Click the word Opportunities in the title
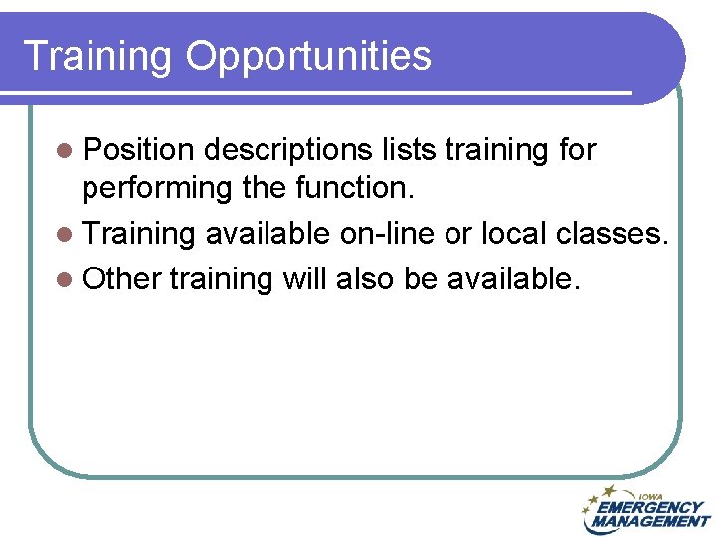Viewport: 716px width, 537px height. pyautogui.click(x=308, y=56)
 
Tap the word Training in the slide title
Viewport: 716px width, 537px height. pyautogui.click(x=98, y=56)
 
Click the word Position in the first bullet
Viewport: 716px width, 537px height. pyautogui.click(x=140, y=150)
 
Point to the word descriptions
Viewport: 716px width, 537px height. pyautogui.click(x=289, y=150)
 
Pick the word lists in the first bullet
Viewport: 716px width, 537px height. pyautogui.click(x=409, y=150)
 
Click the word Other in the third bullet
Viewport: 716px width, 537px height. pyautogui.click(x=122, y=279)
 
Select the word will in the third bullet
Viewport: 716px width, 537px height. pyautogui.click(x=305, y=279)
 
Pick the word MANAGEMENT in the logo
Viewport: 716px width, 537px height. pyautogui.click(x=650, y=521)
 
